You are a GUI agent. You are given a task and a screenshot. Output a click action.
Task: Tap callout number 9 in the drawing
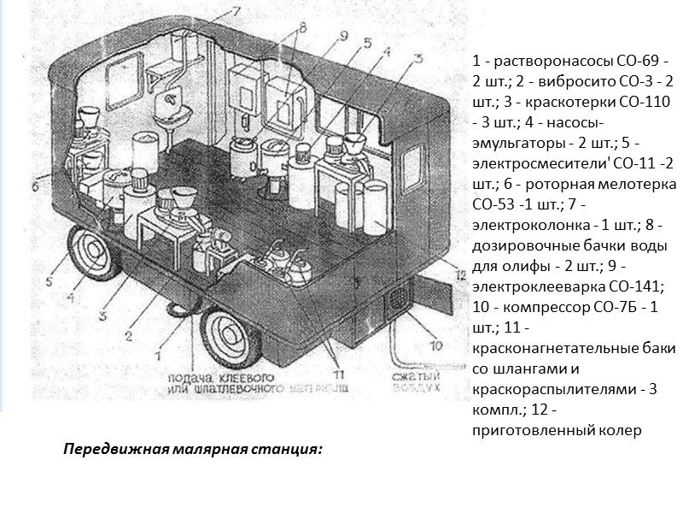point(343,36)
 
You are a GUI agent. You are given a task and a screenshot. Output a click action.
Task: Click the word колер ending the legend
point(617,428)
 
